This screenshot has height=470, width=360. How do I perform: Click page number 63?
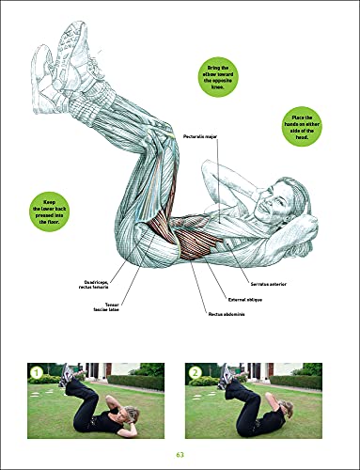(180, 455)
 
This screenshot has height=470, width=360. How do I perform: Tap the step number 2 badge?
(195, 372)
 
